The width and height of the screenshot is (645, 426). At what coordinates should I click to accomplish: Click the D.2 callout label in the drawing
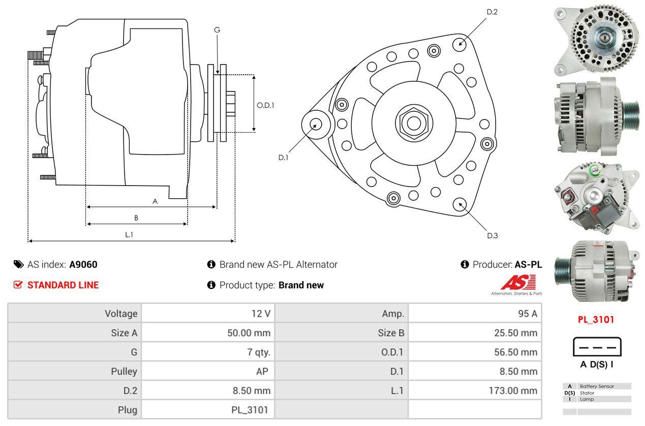492,12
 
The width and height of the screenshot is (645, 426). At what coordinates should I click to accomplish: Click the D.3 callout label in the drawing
492,235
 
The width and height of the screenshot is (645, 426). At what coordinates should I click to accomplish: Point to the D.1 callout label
283,158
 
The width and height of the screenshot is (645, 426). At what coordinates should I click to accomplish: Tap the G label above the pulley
217,30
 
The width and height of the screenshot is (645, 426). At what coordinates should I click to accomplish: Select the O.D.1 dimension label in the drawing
265,106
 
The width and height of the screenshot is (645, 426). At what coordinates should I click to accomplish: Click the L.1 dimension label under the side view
129,234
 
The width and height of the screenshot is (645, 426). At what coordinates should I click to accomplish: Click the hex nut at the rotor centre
412,122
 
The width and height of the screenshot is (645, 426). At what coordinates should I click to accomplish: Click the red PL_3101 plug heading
596,320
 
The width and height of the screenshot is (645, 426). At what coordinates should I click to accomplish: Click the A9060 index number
83,264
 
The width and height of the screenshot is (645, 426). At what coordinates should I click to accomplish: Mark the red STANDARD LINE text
63,285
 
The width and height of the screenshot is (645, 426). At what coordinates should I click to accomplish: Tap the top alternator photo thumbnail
595,39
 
